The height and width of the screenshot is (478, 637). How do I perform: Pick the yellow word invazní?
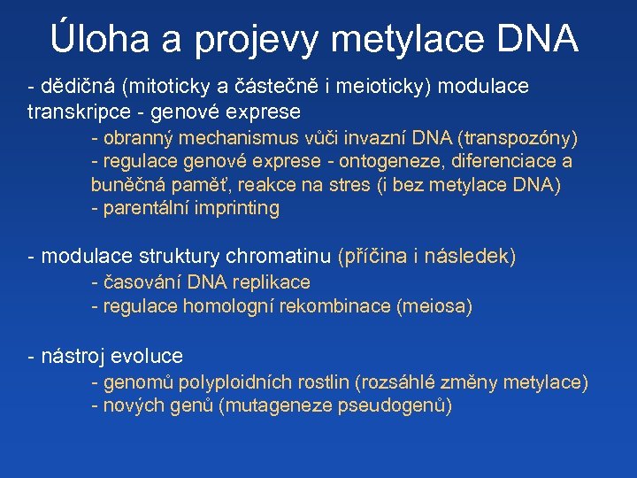(381, 138)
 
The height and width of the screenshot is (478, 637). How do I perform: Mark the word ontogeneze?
(403, 161)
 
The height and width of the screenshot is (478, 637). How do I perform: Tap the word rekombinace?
(340, 306)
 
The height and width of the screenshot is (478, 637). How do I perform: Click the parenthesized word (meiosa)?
(434, 306)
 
